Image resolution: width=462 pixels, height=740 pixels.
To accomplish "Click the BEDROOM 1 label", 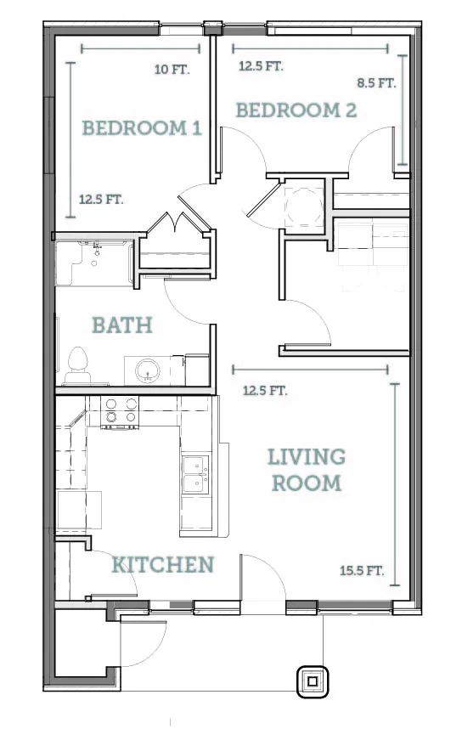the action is click(142, 128).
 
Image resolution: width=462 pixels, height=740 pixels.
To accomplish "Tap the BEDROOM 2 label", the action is click(296, 110).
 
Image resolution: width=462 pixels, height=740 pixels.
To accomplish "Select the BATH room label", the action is click(122, 325).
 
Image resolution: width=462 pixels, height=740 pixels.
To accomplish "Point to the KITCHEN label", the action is click(163, 565).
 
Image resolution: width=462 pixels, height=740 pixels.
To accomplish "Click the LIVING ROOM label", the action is click(307, 470).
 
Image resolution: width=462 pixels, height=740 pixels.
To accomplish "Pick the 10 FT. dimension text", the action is click(172, 70).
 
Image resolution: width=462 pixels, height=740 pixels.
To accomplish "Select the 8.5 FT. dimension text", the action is click(376, 83).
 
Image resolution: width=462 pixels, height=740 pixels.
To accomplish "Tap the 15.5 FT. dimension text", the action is click(362, 571).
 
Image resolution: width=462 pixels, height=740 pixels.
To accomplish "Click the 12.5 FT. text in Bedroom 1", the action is click(101, 199).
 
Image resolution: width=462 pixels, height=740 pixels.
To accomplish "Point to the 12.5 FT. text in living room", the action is click(265, 391).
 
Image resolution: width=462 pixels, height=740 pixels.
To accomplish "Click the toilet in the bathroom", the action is click(78, 366).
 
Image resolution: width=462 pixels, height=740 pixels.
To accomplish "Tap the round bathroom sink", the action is click(147, 370).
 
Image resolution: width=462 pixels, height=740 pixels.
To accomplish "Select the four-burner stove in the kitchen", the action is click(121, 412).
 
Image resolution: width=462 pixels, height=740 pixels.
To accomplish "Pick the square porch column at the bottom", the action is click(313, 681).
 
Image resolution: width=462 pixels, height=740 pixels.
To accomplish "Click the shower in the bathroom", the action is click(94, 263).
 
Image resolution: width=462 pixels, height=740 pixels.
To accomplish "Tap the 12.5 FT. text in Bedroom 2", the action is click(261, 66).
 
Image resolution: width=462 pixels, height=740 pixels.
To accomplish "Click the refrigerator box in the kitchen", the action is click(79, 510).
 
